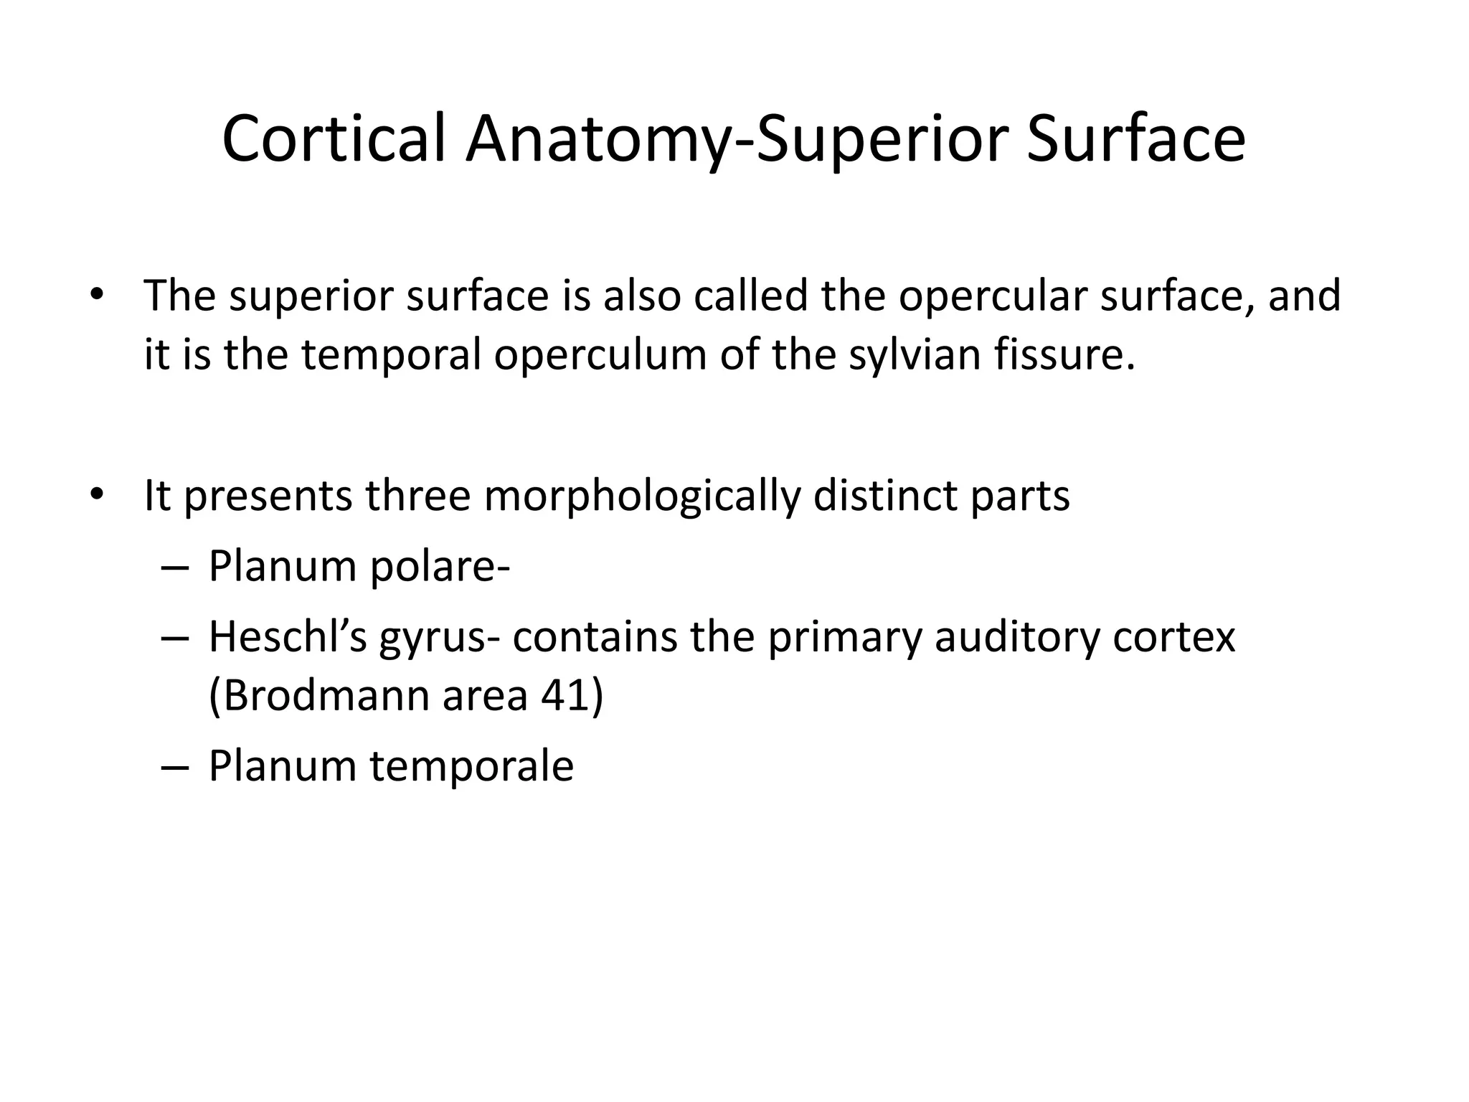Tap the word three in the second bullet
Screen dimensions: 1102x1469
point(417,496)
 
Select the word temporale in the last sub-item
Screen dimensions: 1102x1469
point(471,766)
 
